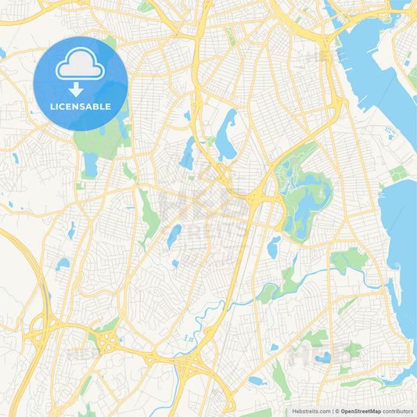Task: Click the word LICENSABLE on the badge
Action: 79,106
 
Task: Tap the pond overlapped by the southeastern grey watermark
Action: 323,357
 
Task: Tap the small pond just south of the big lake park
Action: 273,247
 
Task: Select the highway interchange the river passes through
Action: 192,361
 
